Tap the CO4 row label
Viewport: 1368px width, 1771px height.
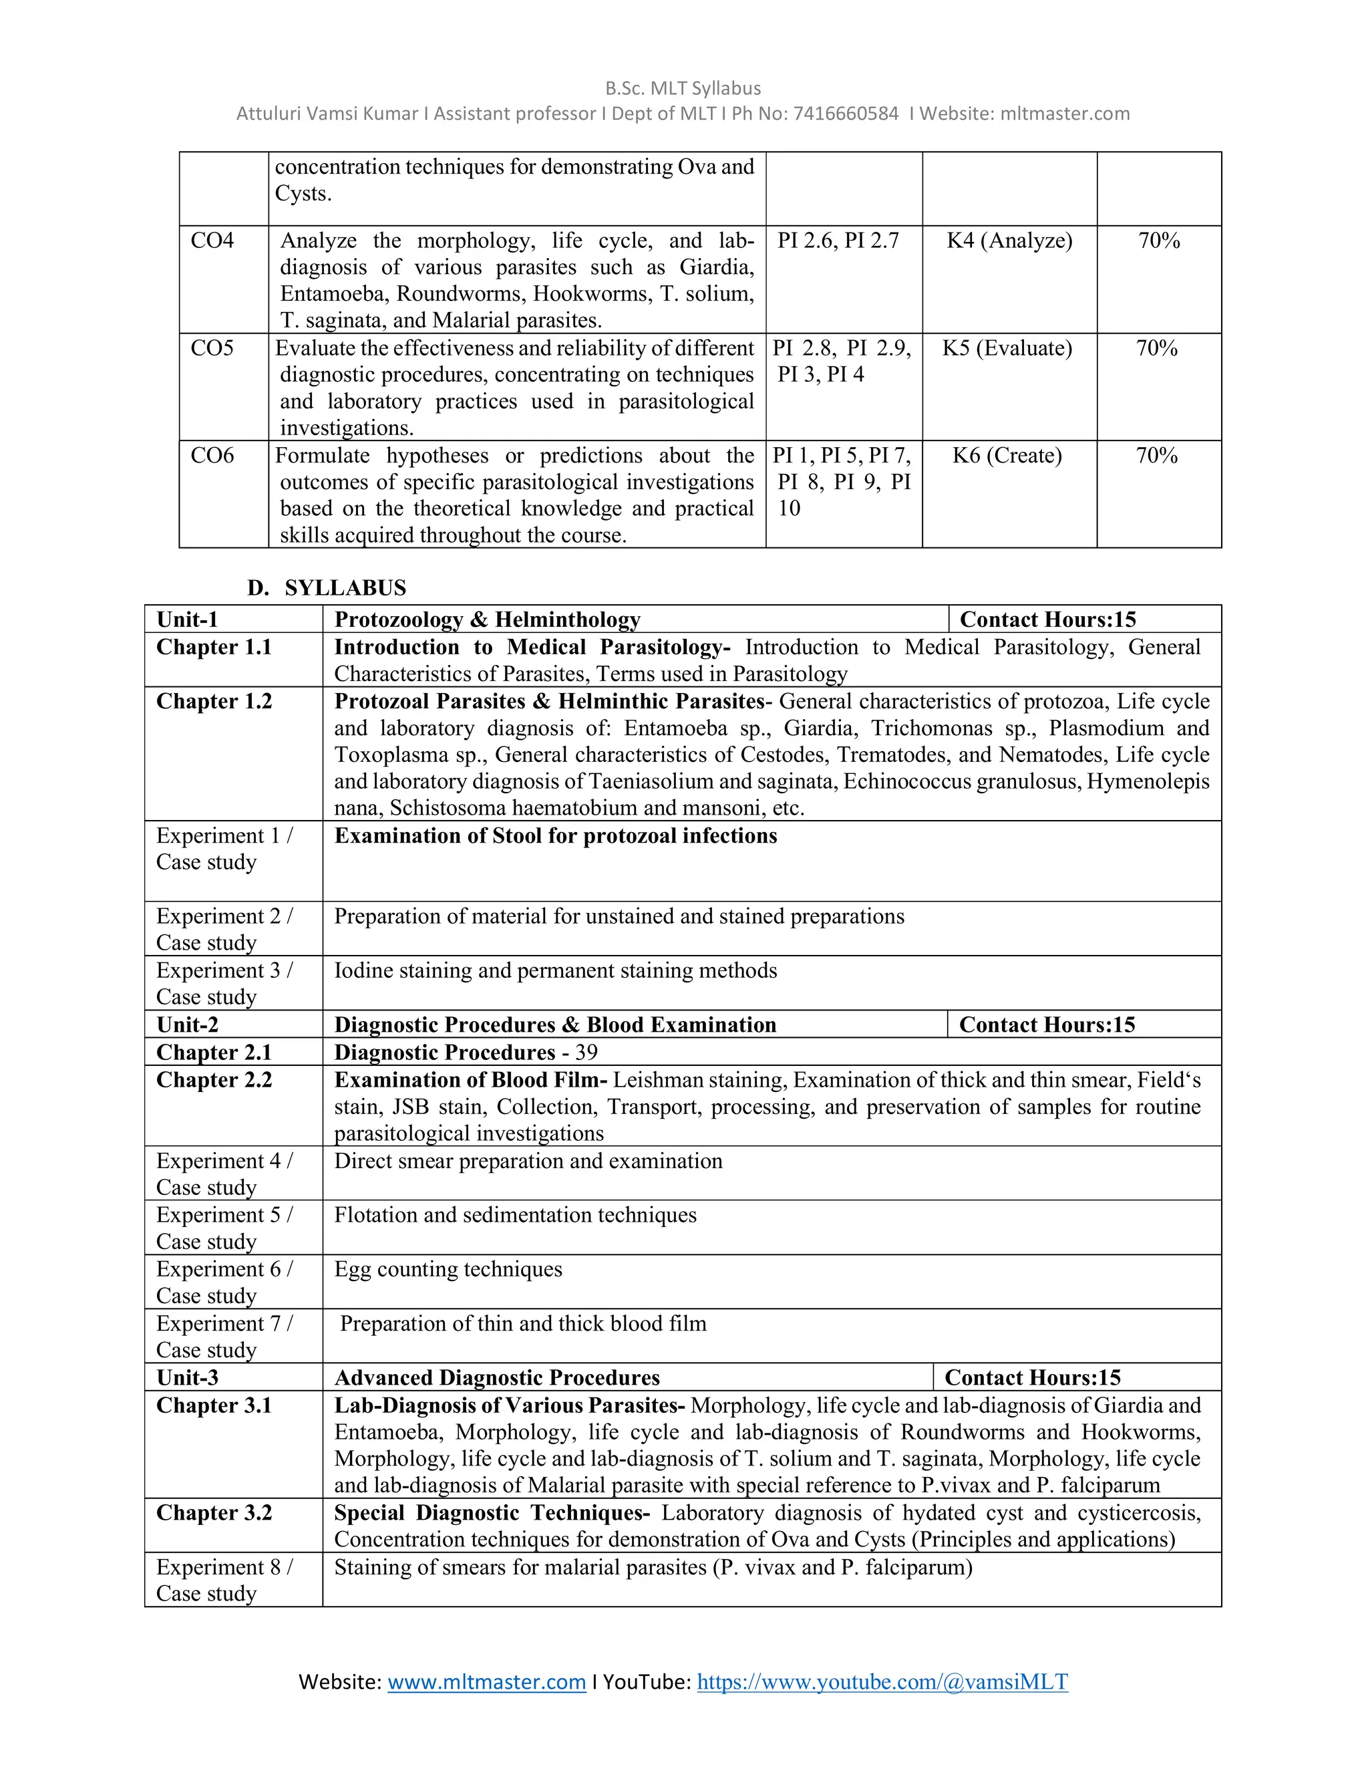212,241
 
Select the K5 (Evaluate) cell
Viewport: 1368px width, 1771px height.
1007,349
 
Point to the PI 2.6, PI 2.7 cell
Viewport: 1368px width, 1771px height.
838,241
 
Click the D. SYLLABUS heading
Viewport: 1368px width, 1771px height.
327,588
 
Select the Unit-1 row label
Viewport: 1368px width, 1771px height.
187,620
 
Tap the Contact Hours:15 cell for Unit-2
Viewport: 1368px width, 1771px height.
1047,1025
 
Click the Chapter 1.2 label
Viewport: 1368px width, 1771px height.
214,702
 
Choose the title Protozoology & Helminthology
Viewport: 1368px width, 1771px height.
487,620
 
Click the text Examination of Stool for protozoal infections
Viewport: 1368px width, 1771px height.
556,836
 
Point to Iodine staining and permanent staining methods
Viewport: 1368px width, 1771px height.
556,970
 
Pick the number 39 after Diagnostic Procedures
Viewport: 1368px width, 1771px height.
586,1053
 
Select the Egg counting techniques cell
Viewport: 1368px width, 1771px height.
448,1269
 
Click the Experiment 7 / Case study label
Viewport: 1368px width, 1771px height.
224,1337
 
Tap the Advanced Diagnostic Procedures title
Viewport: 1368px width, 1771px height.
497,1378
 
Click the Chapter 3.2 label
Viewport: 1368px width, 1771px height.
214,1513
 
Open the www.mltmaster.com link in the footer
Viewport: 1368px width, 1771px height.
486,1682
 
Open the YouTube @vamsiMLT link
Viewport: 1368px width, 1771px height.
882,1682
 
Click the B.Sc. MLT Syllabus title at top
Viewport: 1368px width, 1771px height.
683,88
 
